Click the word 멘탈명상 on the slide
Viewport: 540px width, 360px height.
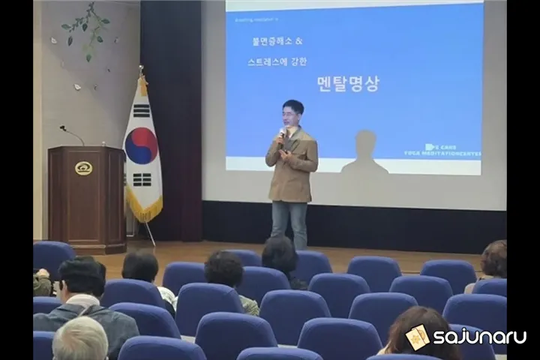(348, 83)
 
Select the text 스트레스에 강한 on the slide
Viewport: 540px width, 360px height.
(277, 61)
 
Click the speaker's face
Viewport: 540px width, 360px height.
(292, 116)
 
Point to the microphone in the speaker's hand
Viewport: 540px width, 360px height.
(282, 134)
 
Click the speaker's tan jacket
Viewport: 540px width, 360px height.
(292, 169)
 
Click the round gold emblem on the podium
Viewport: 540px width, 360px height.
(83, 167)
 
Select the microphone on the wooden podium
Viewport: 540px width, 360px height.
(72, 134)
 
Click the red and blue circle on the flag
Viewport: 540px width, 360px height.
(141, 145)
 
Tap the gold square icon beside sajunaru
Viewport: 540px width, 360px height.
(417, 337)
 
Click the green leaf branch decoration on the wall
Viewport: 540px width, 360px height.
(88, 30)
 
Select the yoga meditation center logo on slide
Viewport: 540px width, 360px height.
(452, 150)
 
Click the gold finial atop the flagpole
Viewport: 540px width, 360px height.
(141, 72)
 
